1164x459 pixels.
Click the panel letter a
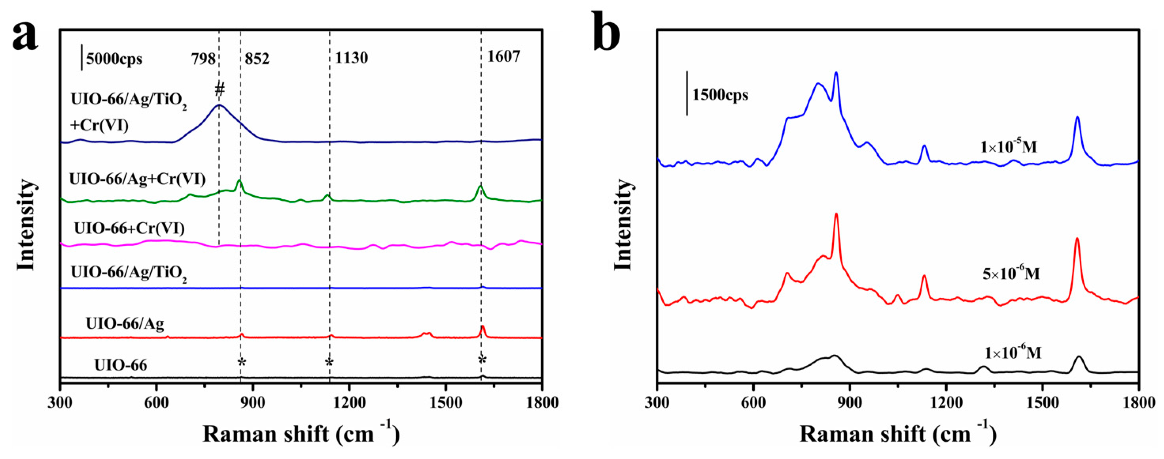[x=25, y=37]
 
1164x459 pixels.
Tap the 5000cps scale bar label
[x=114, y=59]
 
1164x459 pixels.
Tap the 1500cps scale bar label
[x=720, y=95]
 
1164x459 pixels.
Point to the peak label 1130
[x=351, y=58]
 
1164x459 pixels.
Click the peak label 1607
[x=503, y=56]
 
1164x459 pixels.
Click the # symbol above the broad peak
[x=220, y=90]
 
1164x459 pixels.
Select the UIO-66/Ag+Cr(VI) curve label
[x=137, y=180]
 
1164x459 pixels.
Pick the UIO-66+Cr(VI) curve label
[x=129, y=228]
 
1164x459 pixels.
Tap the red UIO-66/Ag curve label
[x=125, y=324]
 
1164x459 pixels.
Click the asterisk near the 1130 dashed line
[x=329, y=363]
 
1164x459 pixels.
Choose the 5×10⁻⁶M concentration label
[x=1011, y=273]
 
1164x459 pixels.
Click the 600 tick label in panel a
[x=156, y=402]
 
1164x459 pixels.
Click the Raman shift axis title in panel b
[x=897, y=434]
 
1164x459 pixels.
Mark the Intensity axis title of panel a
[x=26, y=225]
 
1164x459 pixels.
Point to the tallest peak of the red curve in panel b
[x=836, y=214]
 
